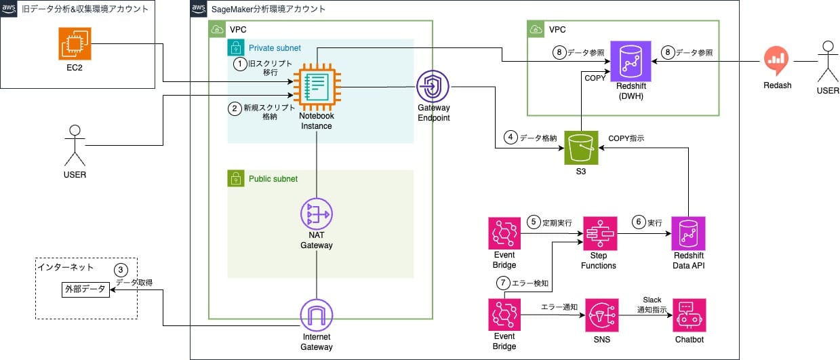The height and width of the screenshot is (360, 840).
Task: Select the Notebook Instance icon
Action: click(x=316, y=87)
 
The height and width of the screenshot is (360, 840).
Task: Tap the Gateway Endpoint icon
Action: click(x=434, y=87)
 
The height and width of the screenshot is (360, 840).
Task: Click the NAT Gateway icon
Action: click(x=317, y=215)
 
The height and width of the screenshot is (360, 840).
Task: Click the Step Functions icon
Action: click(x=598, y=233)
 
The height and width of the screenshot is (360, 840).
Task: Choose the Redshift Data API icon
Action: click(x=688, y=233)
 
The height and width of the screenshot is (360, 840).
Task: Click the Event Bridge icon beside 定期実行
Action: click(x=504, y=233)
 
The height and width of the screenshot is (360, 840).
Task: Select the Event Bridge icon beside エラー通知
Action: click(x=504, y=314)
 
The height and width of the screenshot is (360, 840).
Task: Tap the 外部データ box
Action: click(x=85, y=289)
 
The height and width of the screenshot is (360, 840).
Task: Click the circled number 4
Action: click(x=511, y=138)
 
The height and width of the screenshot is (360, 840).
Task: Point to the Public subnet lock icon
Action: click(x=235, y=178)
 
